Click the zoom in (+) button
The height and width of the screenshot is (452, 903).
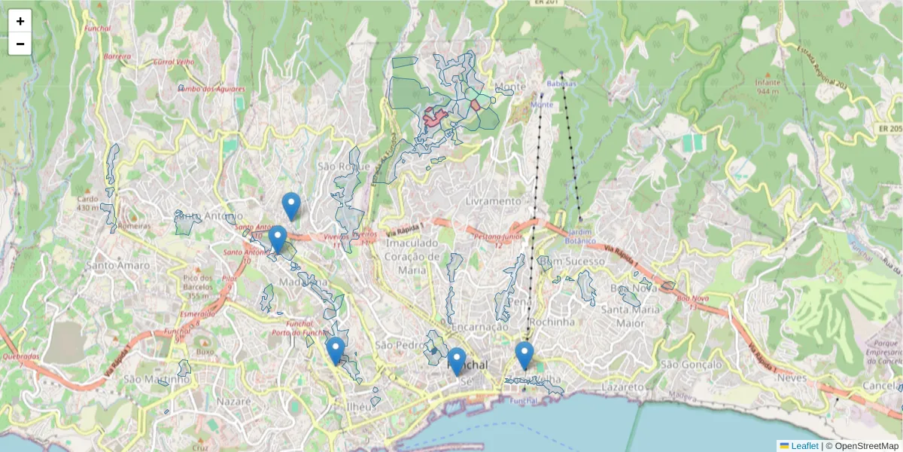click(20, 21)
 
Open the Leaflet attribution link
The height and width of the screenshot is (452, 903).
click(804, 446)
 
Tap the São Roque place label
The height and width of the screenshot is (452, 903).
click(344, 166)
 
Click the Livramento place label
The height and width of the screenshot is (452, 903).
click(493, 201)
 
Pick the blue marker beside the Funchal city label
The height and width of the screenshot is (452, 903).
click(456, 362)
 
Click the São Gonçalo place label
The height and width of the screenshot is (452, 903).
click(691, 365)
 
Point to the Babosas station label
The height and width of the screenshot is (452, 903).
click(561, 84)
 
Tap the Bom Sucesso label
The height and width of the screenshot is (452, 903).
click(576, 261)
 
